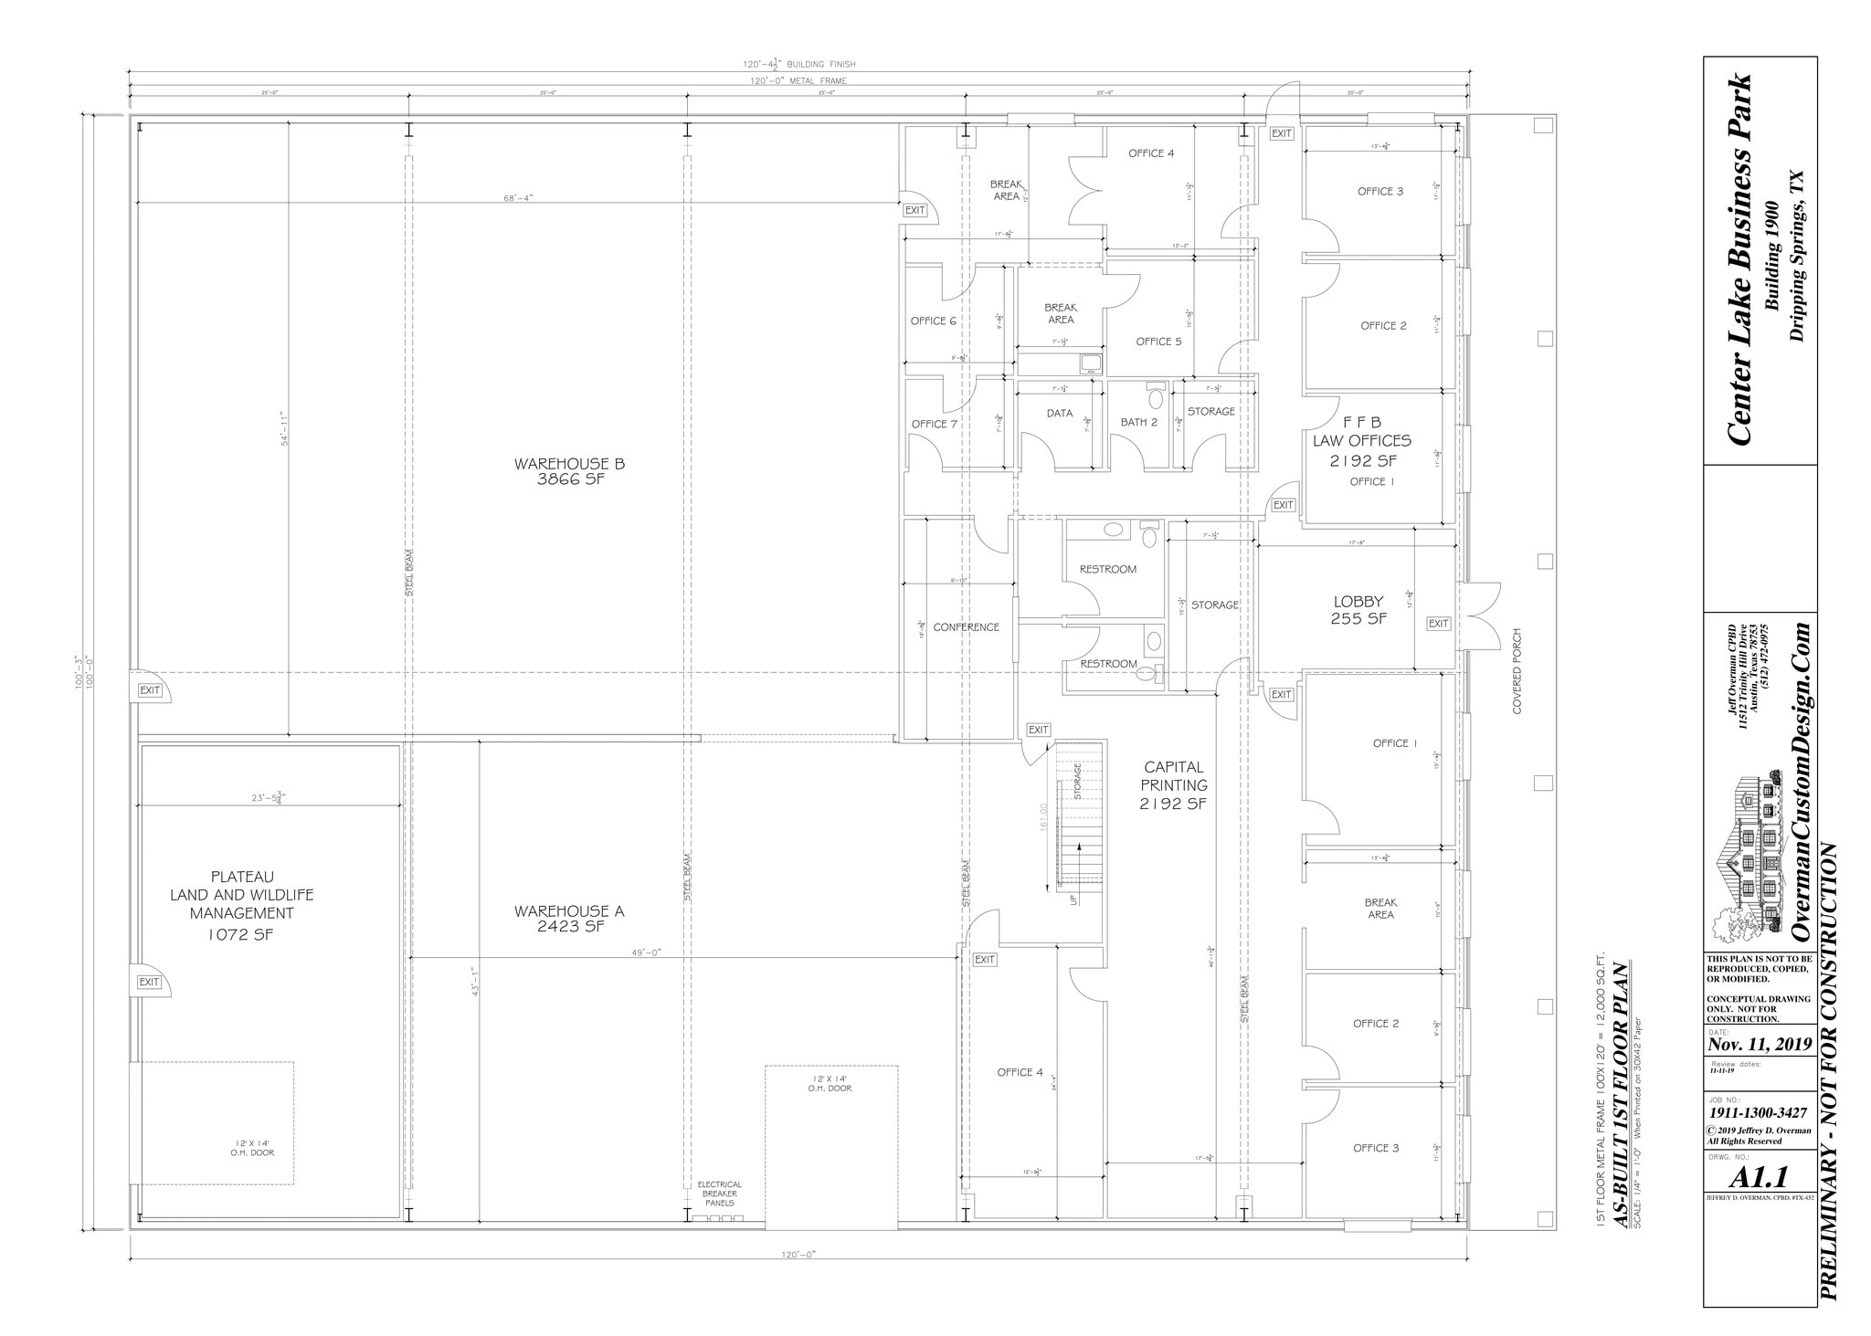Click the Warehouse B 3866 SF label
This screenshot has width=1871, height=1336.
click(x=569, y=471)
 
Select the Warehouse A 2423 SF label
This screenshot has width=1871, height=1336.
click(x=569, y=918)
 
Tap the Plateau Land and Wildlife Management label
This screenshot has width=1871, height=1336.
click(x=241, y=905)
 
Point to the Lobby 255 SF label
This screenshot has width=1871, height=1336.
click(x=1358, y=609)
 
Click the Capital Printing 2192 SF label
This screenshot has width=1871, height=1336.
click(x=1173, y=785)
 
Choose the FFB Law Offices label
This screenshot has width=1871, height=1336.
click(x=1362, y=441)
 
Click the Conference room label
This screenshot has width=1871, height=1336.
click(x=966, y=627)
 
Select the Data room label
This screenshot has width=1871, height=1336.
click(x=1059, y=414)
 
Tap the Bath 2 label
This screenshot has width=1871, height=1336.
click(x=1138, y=422)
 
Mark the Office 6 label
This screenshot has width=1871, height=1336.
click(x=933, y=321)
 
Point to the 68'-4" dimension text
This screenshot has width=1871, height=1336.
click(x=517, y=198)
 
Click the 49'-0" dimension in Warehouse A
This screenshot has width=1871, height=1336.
click(x=645, y=952)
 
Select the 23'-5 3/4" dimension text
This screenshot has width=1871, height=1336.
click(x=270, y=798)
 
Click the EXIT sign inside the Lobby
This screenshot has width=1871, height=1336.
click(x=1438, y=624)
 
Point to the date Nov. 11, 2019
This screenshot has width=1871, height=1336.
click(x=1760, y=1045)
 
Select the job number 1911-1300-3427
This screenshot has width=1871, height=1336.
click(x=1759, y=1112)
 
